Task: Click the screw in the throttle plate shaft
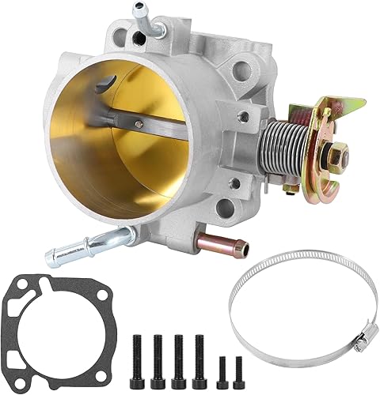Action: coord(139,123)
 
